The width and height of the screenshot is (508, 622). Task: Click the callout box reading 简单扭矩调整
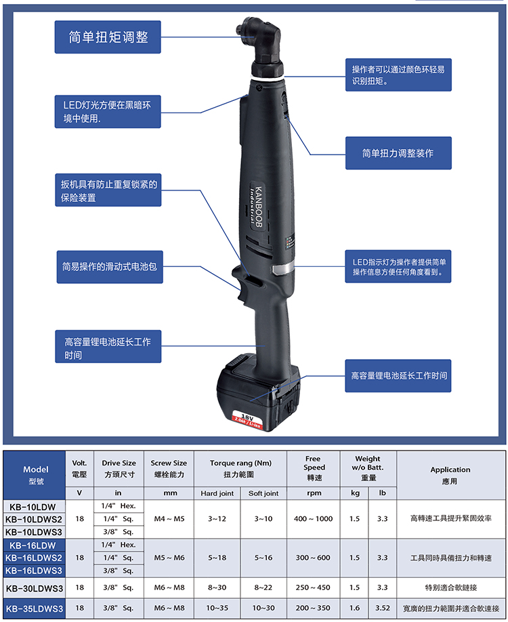tap(108, 37)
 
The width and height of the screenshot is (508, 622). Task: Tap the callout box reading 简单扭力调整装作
tap(398, 153)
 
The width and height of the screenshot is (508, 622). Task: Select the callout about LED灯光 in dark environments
tap(108, 112)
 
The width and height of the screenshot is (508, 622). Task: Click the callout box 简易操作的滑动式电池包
tap(110, 267)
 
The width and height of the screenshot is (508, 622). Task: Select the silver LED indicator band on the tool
tap(282, 268)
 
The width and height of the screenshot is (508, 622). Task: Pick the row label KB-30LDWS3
tap(35, 588)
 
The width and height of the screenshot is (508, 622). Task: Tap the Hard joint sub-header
tap(217, 493)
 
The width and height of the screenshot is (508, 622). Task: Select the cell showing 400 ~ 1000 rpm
tap(314, 519)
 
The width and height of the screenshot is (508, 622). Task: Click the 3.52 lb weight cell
tap(382, 608)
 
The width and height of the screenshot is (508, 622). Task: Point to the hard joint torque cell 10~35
tap(217, 608)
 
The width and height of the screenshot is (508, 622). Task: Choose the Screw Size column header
tap(169, 469)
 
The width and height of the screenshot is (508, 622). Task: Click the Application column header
tap(450, 475)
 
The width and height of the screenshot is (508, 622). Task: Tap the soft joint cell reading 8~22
tap(263, 588)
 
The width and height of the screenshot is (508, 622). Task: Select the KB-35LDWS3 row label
tap(35, 608)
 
